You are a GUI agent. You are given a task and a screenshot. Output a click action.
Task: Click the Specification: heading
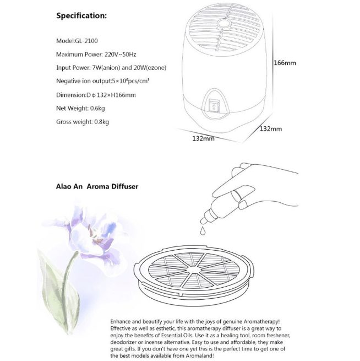[81, 15]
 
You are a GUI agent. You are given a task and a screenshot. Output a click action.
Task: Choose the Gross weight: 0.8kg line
[83, 121]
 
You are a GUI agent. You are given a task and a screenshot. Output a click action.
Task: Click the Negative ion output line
[103, 81]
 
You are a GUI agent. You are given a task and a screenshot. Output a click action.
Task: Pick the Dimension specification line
[96, 95]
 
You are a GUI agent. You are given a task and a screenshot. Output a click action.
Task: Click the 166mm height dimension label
[285, 63]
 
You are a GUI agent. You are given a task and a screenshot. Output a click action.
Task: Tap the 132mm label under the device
[203, 138]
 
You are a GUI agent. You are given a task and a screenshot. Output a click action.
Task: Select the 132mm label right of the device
[270, 128]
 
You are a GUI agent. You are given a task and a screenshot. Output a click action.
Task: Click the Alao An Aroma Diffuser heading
[97, 186]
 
